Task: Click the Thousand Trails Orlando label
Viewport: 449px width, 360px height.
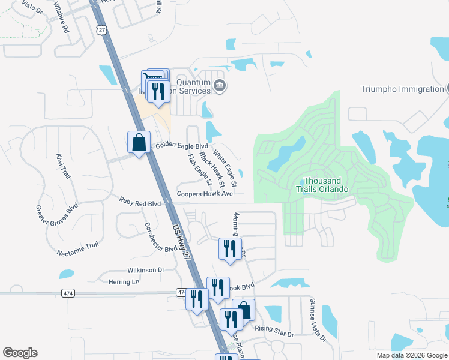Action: pos(326,185)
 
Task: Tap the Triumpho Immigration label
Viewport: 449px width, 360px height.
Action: pos(402,89)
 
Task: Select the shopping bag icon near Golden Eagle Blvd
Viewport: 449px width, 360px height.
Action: pos(139,143)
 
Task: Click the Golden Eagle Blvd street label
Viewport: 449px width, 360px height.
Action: pos(182,146)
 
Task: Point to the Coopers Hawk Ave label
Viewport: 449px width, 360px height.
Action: pos(205,194)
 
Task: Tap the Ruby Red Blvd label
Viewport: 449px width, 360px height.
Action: pos(140,203)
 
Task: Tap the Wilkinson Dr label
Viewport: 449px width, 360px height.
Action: pos(145,270)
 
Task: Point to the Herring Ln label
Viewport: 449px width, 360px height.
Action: pos(124,281)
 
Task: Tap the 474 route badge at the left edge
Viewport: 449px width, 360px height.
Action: pos(68,292)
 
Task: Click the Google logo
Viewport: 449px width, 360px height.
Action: pos(20,353)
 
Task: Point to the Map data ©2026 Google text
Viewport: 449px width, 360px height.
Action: pos(411,355)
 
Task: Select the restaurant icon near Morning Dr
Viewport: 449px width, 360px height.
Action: pos(230,248)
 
